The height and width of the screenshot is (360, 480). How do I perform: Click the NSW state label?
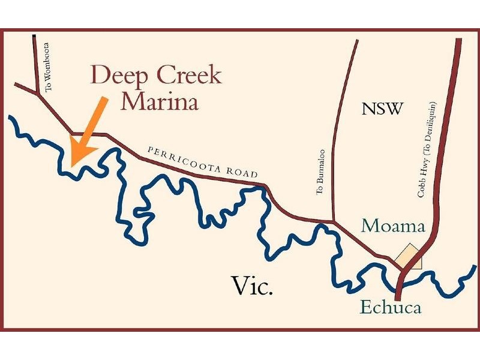pos(383,109)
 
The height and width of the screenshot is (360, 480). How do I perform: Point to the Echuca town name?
pos(391,308)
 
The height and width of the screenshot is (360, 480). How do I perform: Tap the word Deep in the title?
pos(119,76)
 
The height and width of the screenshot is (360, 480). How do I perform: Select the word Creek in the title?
pos(186,76)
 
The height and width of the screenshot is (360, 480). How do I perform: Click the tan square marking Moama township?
pos(408,256)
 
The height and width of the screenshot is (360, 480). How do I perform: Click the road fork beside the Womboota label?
pos(39,93)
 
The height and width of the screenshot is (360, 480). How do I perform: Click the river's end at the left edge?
pos(10,117)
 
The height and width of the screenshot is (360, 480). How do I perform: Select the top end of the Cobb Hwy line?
pos(458,40)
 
